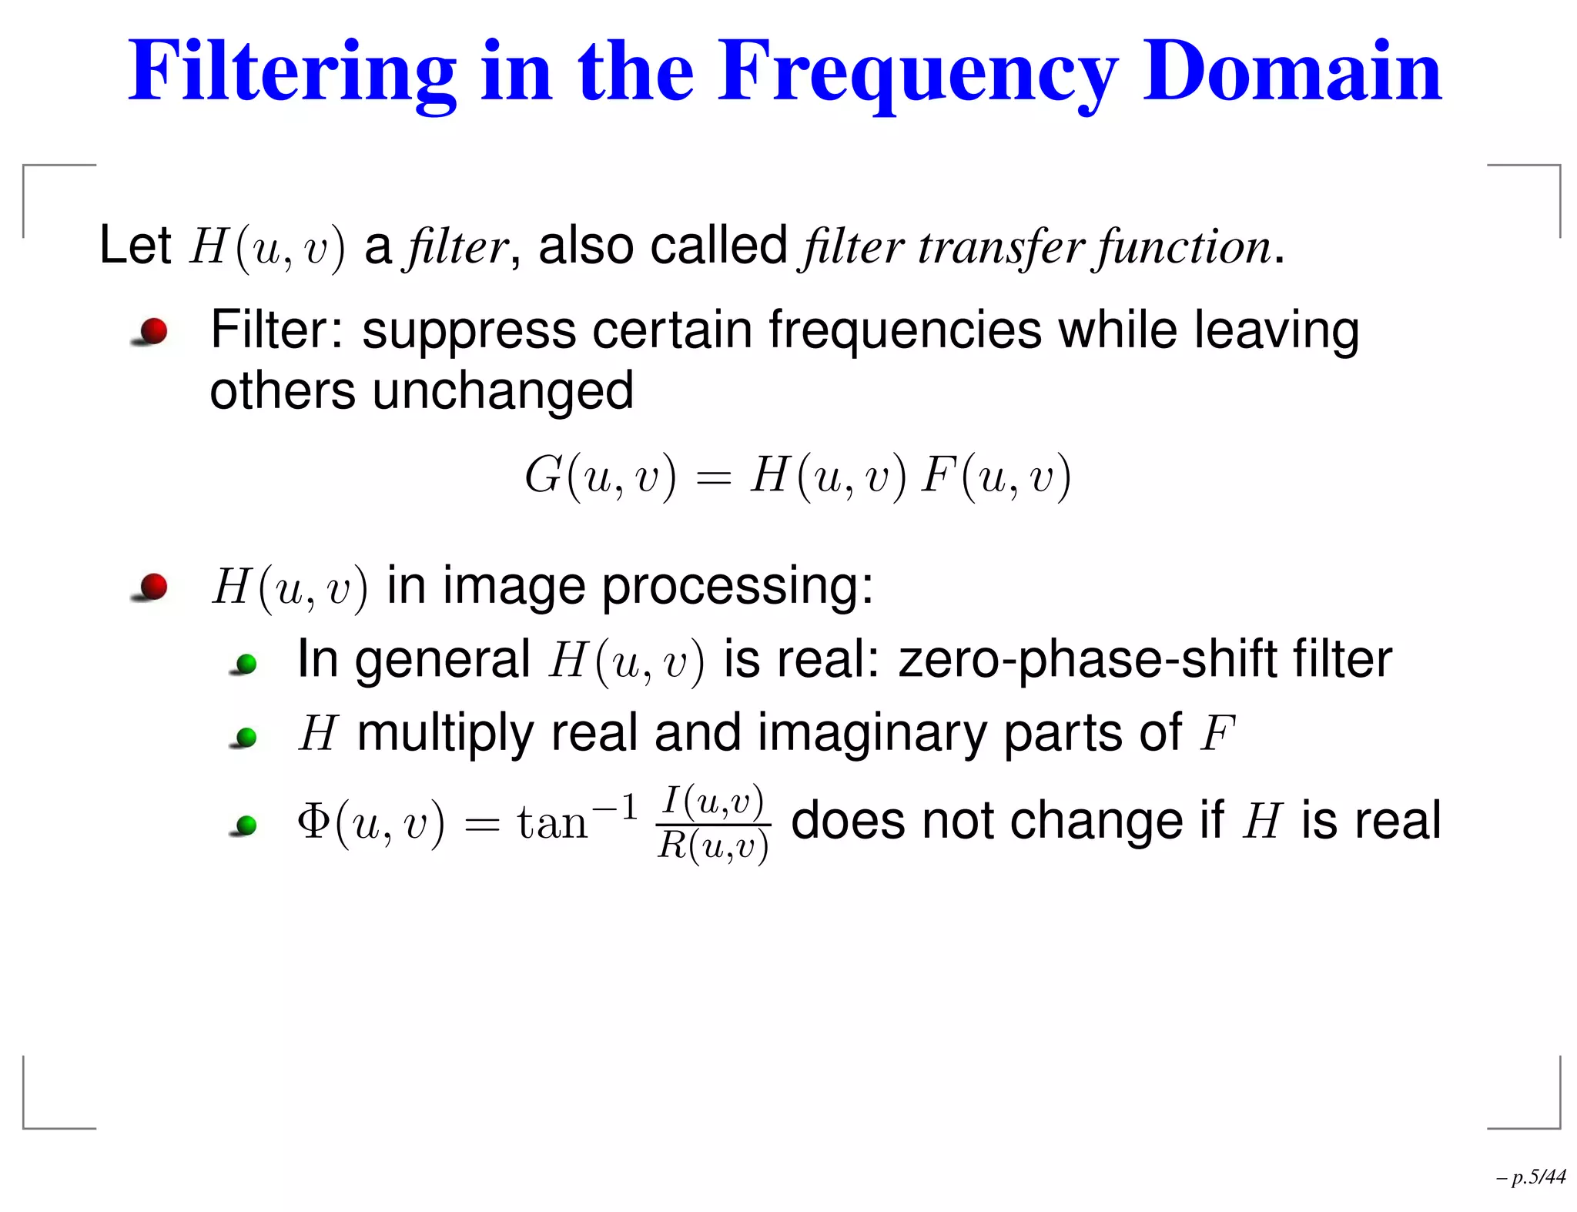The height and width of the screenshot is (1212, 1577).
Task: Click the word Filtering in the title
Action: [293, 73]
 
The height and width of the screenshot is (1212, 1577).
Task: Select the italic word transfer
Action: [1000, 247]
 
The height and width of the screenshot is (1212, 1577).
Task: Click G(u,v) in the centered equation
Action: [600, 476]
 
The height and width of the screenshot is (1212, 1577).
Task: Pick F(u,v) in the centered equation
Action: [996, 476]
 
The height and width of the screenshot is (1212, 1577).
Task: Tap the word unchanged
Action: [503, 391]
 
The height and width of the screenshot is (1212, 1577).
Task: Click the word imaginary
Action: [871, 733]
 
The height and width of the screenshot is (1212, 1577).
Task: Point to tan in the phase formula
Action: [552, 823]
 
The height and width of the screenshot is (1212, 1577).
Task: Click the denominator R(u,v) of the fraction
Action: [713, 846]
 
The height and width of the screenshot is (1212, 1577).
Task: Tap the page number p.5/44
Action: [1537, 1177]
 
